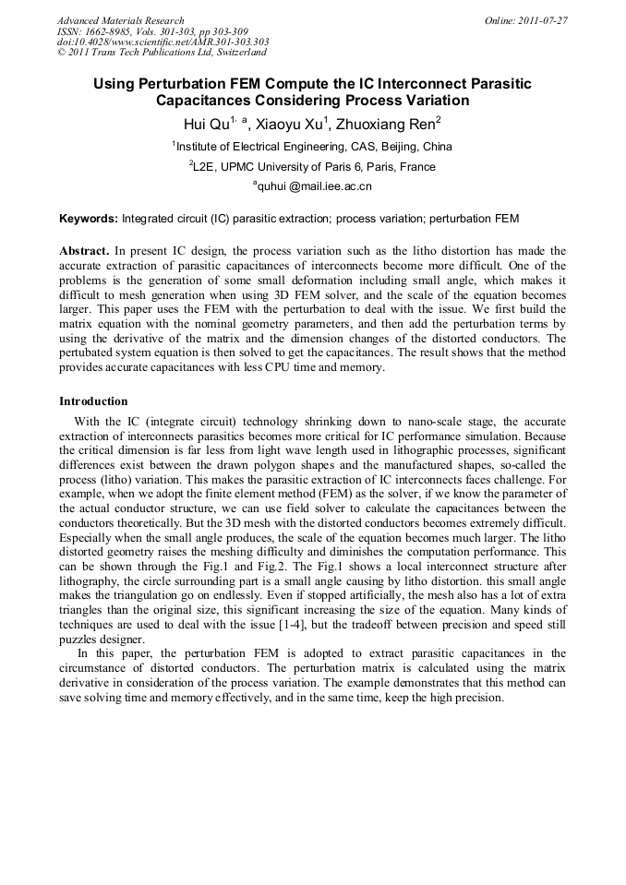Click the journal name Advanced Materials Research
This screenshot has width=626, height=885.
[x=120, y=20]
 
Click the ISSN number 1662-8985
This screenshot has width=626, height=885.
[x=107, y=31]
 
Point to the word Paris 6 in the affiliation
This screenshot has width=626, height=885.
[x=355, y=167]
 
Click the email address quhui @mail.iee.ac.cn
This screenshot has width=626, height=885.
[x=314, y=187]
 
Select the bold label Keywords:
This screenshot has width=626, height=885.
[x=89, y=220]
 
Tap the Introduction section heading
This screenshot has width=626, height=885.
[x=93, y=401]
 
